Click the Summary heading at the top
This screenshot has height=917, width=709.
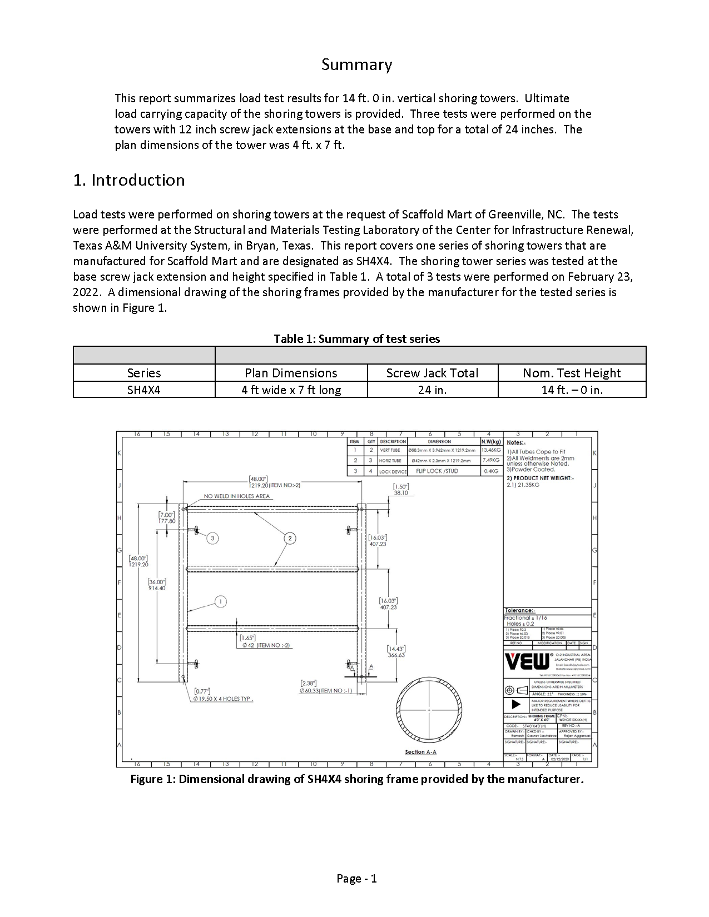356,65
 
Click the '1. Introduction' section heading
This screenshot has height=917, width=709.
129,180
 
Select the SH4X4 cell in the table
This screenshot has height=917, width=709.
143,390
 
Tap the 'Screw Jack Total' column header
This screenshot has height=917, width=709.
432,373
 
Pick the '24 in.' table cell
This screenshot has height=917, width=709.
432,390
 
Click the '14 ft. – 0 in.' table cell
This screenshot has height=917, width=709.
572,390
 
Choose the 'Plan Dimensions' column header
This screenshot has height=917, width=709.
291,373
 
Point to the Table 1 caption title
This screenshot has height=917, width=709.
356,339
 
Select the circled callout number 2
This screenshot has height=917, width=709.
290,538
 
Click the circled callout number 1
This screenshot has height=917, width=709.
221,601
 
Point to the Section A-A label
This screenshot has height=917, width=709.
420,752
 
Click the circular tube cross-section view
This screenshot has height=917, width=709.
429,710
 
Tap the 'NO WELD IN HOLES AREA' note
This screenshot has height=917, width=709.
237,496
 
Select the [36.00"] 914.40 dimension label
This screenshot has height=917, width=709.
157,585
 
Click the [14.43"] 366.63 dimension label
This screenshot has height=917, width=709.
396,652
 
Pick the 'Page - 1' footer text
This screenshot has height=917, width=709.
356,879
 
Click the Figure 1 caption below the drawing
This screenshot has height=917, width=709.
356,779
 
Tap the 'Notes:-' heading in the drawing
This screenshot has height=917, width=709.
515,442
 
